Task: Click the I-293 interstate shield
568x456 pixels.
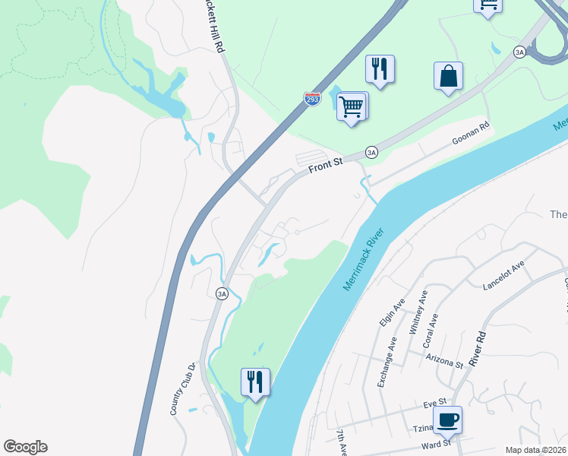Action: pos(312,100)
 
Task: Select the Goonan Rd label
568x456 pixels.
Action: pos(471,134)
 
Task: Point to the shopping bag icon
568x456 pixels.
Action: pos(448,76)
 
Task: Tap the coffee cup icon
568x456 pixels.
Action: pos(447,420)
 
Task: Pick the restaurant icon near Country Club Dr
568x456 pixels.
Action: pos(255,382)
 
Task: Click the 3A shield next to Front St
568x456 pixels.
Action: pos(371,151)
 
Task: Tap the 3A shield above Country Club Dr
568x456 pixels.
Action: pos(222,294)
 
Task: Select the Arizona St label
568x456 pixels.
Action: pos(444,360)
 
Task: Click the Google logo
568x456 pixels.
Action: pos(25,447)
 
